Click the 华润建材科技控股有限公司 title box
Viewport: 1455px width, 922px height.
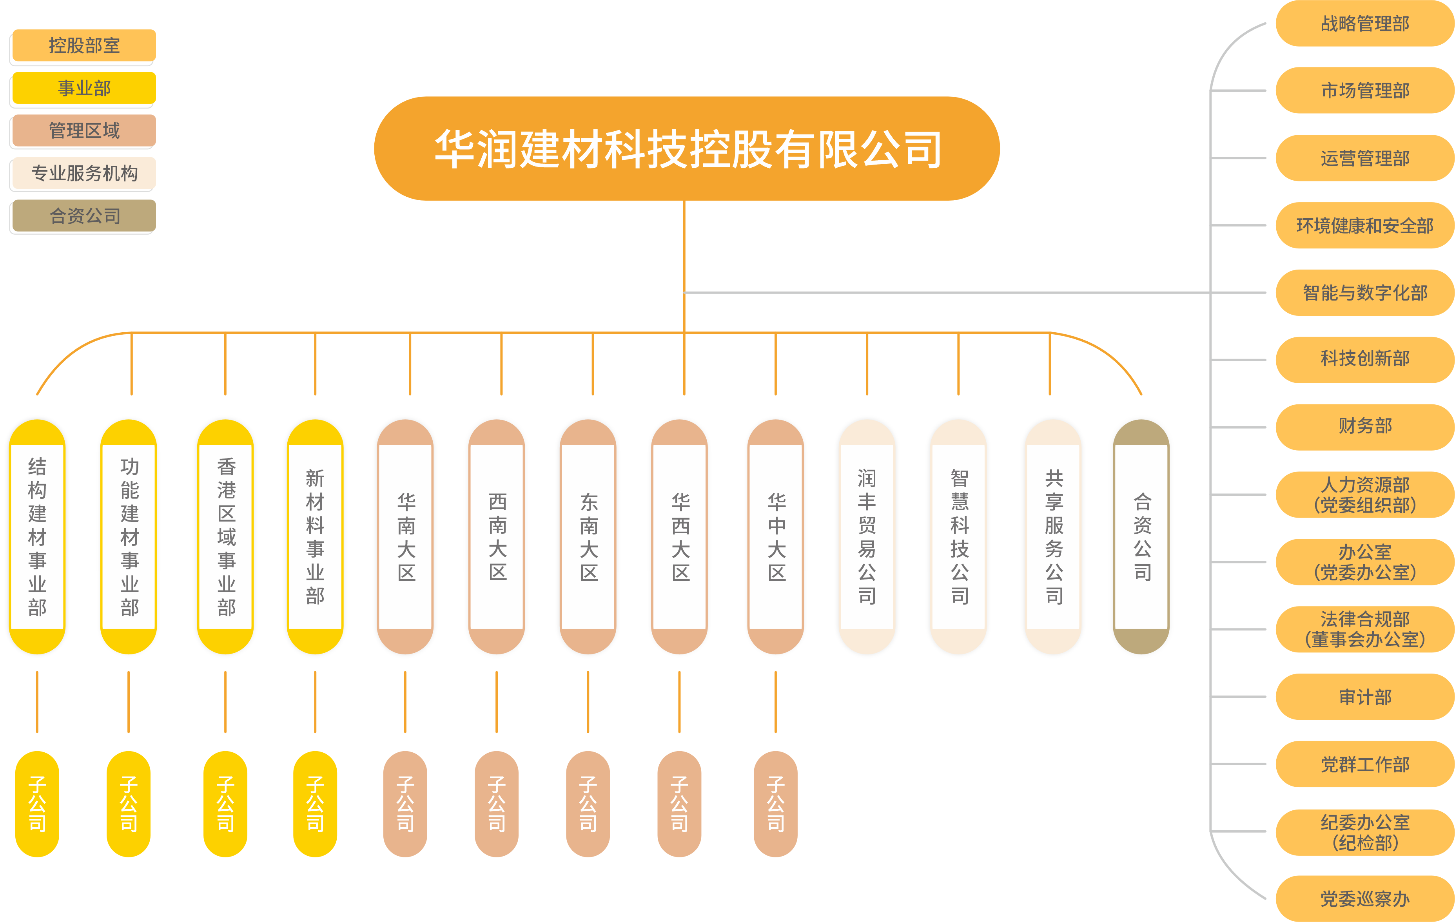click(686, 149)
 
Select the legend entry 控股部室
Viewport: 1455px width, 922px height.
click(84, 45)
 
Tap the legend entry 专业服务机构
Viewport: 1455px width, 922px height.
click(84, 174)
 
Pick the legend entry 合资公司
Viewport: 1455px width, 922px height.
click(84, 216)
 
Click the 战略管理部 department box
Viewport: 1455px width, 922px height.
click(1364, 24)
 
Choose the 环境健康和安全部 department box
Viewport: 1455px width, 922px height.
click(1364, 225)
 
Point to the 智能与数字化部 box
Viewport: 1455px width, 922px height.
click(1364, 292)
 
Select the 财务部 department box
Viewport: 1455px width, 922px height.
click(1364, 426)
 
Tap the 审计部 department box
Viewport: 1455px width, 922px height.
click(1364, 697)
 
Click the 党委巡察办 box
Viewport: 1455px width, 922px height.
click(1364, 898)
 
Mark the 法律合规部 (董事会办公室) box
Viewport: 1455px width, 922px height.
click(1364, 629)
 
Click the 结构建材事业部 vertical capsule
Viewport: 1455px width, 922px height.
click(37, 536)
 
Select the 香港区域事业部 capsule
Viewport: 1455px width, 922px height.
click(226, 536)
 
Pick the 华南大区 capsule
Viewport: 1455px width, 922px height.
click(405, 536)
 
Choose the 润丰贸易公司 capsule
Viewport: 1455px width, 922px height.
click(867, 536)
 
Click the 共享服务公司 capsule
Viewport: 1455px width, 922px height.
click(1053, 536)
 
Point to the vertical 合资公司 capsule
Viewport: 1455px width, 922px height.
click(1141, 536)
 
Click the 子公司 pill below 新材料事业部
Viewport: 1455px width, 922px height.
click(315, 804)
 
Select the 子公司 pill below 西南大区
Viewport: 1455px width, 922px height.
click(497, 804)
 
